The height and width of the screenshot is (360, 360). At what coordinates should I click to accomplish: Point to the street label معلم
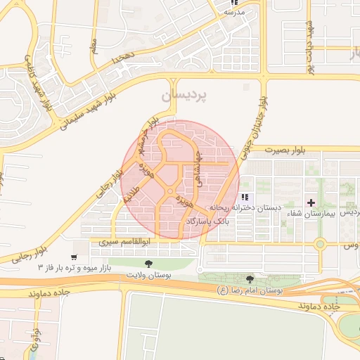93,45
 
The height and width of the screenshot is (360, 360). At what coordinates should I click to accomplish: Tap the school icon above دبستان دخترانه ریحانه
245,198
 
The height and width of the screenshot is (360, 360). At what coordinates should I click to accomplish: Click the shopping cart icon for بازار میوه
75,257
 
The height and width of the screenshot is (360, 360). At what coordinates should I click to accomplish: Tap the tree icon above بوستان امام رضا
250,279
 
